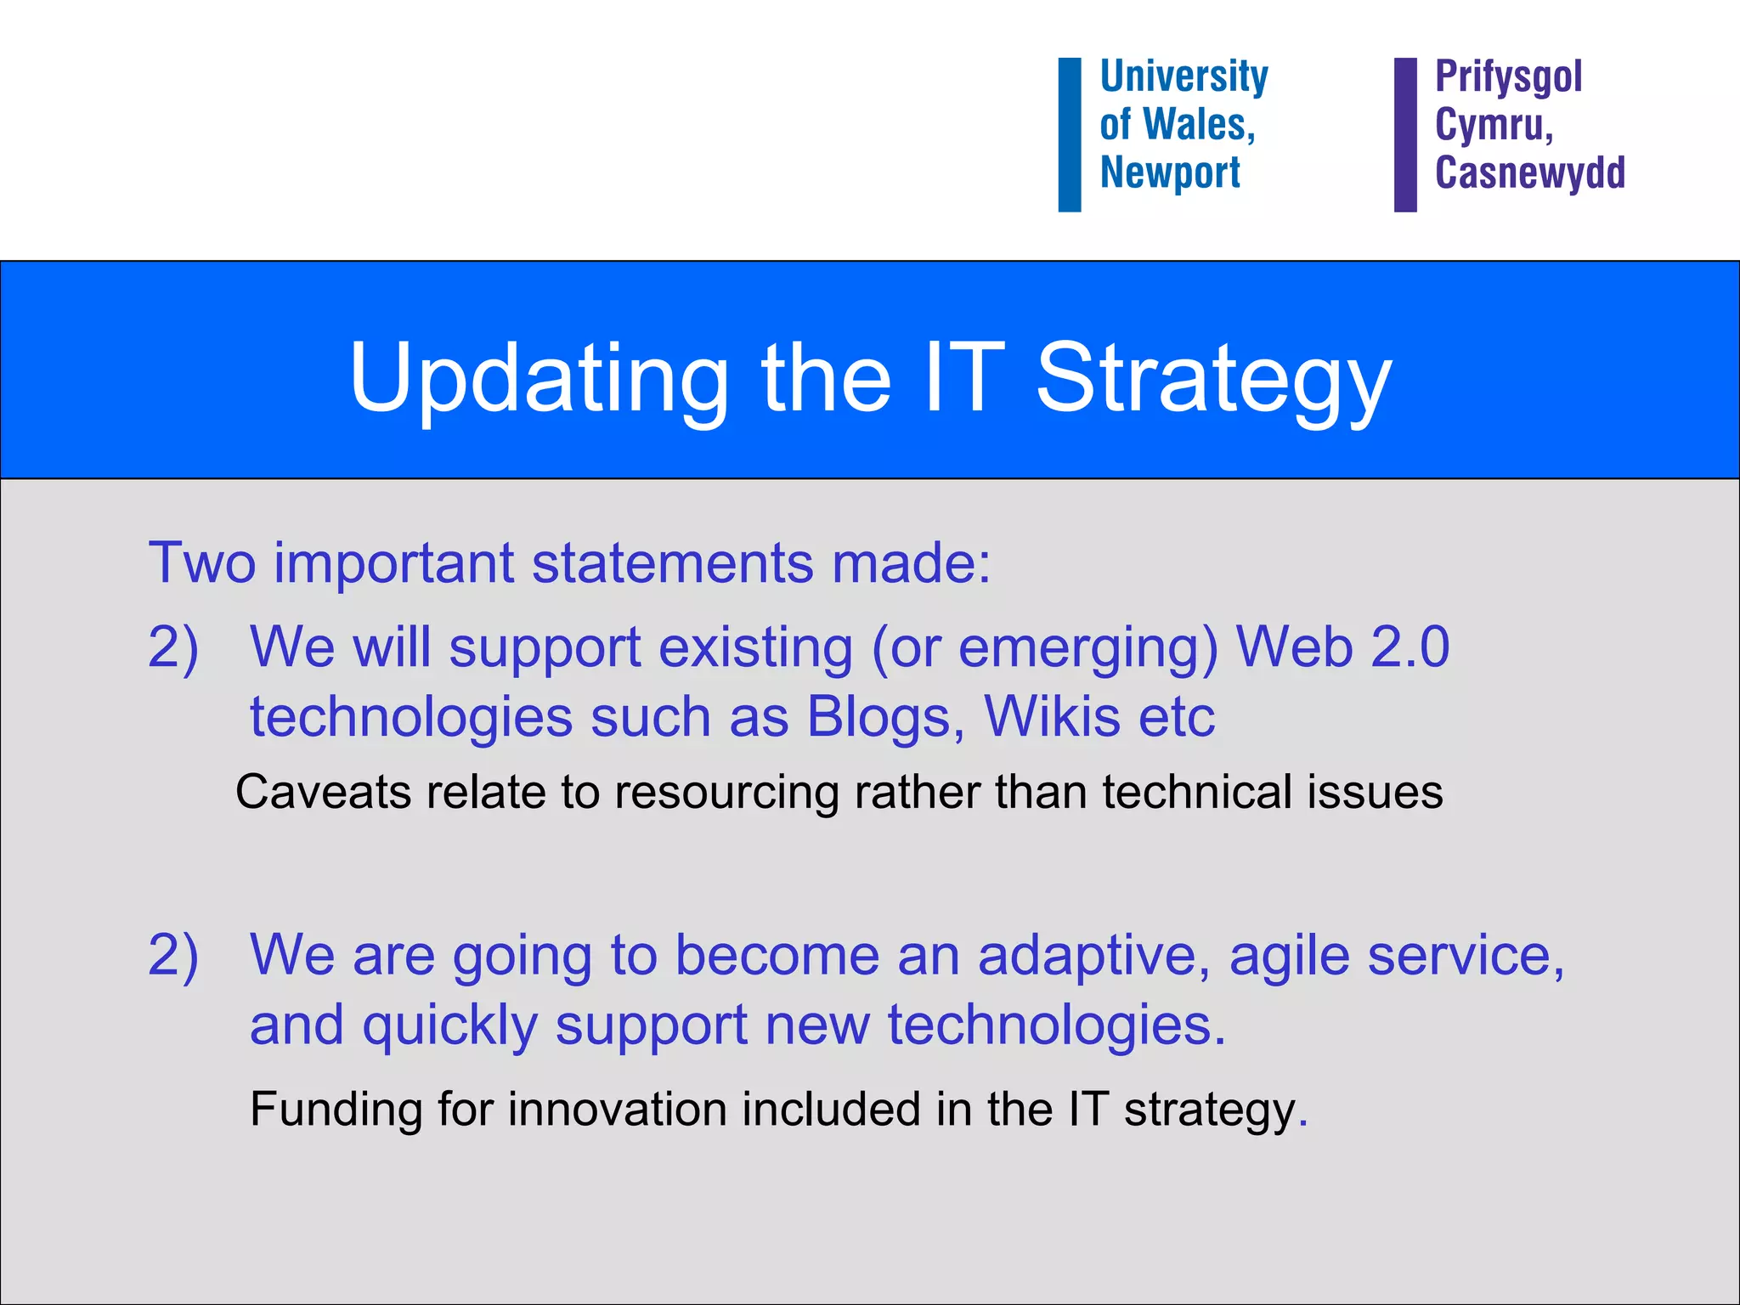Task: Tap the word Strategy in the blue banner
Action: tap(1213, 378)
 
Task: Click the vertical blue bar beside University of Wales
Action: tap(1069, 134)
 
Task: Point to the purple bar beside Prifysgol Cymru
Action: tap(1405, 134)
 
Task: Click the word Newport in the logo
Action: tap(1170, 172)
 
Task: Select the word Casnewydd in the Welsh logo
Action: tap(1530, 172)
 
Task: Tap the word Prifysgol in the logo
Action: tap(1508, 77)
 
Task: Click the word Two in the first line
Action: tap(202, 562)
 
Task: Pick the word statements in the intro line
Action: tap(672, 562)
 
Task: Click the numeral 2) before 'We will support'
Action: tap(173, 647)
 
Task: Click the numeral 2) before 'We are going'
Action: tap(173, 955)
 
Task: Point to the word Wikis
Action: tap(1052, 717)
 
